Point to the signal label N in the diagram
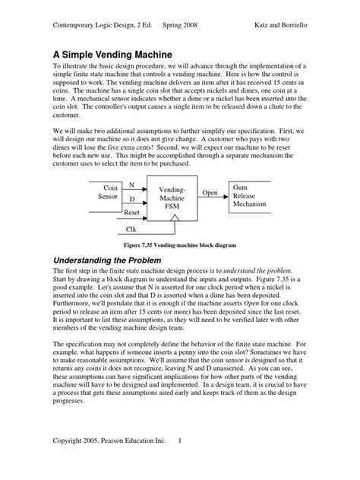pos(132,185)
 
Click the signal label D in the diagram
pos(132,199)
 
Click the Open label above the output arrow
pos(210,193)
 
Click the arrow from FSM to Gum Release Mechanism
pos(213,200)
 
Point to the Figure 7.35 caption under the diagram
pos(178,245)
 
